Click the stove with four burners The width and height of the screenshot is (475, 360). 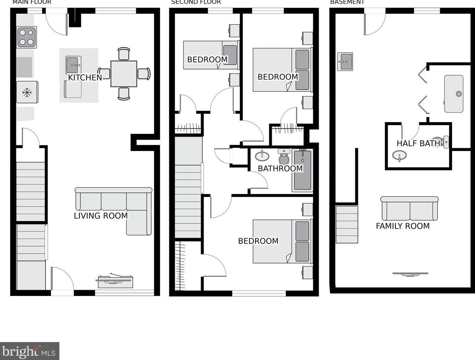pyautogui.click(x=27, y=37)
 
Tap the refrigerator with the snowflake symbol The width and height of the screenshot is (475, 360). pyautogui.click(x=27, y=92)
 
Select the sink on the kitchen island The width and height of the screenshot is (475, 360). pyautogui.click(x=73, y=65)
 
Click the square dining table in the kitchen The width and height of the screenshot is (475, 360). pyautogui.click(x=124, y=74)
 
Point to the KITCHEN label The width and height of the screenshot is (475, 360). pyautogui.click(x=85, y=78)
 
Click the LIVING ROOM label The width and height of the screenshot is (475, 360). pyautogui.click(x=101, y=216)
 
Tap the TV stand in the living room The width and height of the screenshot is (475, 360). pyautogui.click(x=115, y=281)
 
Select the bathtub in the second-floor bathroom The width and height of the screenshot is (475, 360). pyautogui.click(x=302, y=170)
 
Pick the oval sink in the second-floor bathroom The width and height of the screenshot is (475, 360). pyautogui.click(x=262, y=156)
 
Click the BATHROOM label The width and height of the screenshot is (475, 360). pyautogui.click(x=280, y=168)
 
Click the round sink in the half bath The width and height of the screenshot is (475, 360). pyautogui.click(x=399, y=156)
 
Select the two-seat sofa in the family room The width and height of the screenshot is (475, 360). pyautogui.click(x=409, y=209)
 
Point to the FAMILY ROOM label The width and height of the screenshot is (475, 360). pyautogui.click(x=402, y=226)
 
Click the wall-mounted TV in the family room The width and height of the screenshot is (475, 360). pyautogui.click(x=410, y=274)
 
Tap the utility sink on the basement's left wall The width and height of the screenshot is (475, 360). pyautogui.click(x=345, y=62)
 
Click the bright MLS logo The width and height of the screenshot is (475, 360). pyautogui.click(x=29, y=351)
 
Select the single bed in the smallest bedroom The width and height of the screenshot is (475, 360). pyautogui.click(x=210, y=55)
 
